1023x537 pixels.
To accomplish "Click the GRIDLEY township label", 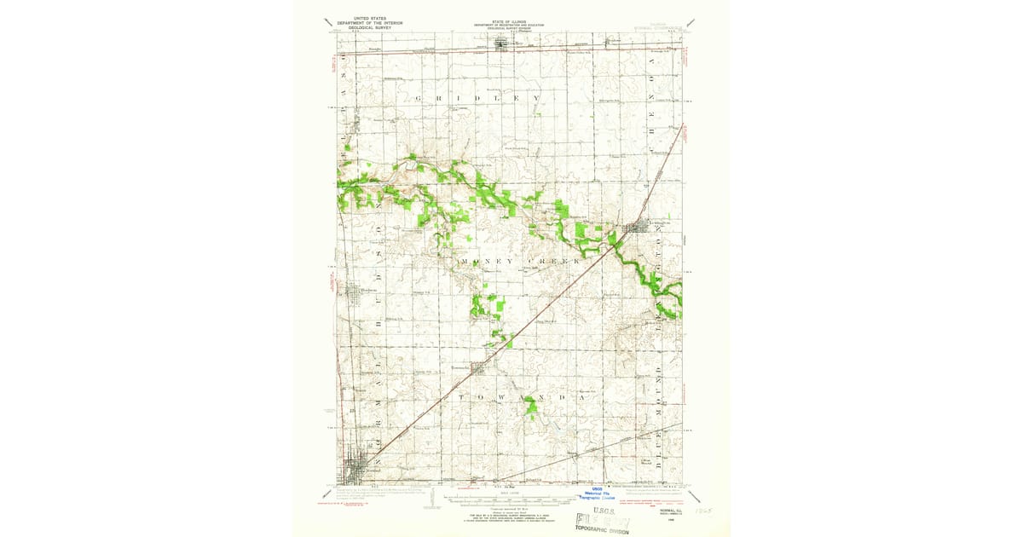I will (x=478, y=99).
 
